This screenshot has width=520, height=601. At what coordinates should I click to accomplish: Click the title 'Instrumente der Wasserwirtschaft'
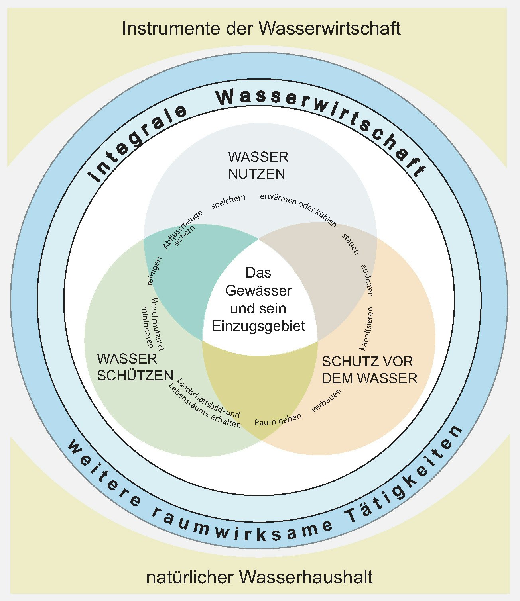coord(261,29)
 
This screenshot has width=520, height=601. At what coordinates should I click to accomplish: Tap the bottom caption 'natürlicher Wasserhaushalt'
coord(260,577)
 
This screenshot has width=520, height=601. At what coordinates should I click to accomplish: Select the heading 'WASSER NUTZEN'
coord(258,165)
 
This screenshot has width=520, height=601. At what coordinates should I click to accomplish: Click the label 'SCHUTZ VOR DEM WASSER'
coord(369,370)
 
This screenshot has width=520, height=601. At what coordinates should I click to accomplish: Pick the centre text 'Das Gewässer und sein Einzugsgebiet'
coord(258,300)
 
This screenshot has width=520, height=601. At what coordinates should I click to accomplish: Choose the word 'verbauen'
coord(327,400)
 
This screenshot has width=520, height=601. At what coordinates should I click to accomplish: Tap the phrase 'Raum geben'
coord(278,419)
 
